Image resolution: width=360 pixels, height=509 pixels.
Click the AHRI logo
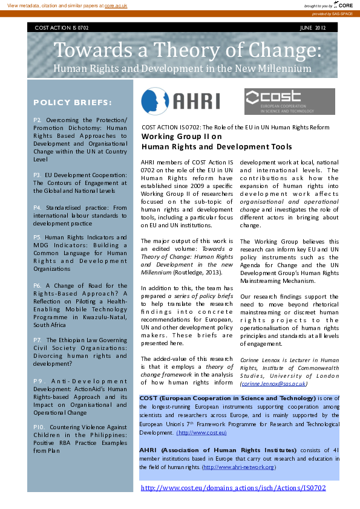click(x=180, y=100)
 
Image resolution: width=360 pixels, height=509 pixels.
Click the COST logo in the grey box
click(x=289, y=101)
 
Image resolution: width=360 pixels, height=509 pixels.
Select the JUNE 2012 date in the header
click(x=313, y=28)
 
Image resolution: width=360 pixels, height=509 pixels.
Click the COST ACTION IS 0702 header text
click(x=62, y=28)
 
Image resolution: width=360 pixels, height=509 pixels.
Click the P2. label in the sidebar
click(x=38, y=120)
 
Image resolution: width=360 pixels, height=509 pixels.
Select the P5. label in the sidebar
click(x=38, y=238)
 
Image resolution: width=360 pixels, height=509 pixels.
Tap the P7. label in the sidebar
click(x=38, y=340)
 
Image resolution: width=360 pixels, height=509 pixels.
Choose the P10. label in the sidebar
click(x=39, y=427)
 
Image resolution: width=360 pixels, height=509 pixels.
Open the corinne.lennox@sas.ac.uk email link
click(x=273, y=383)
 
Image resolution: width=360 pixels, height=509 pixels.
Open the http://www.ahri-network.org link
click(x=240, y=467)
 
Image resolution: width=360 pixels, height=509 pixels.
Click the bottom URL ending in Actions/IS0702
click(x=233, y=488)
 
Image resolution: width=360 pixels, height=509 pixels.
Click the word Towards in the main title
click(x=93, y=50)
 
